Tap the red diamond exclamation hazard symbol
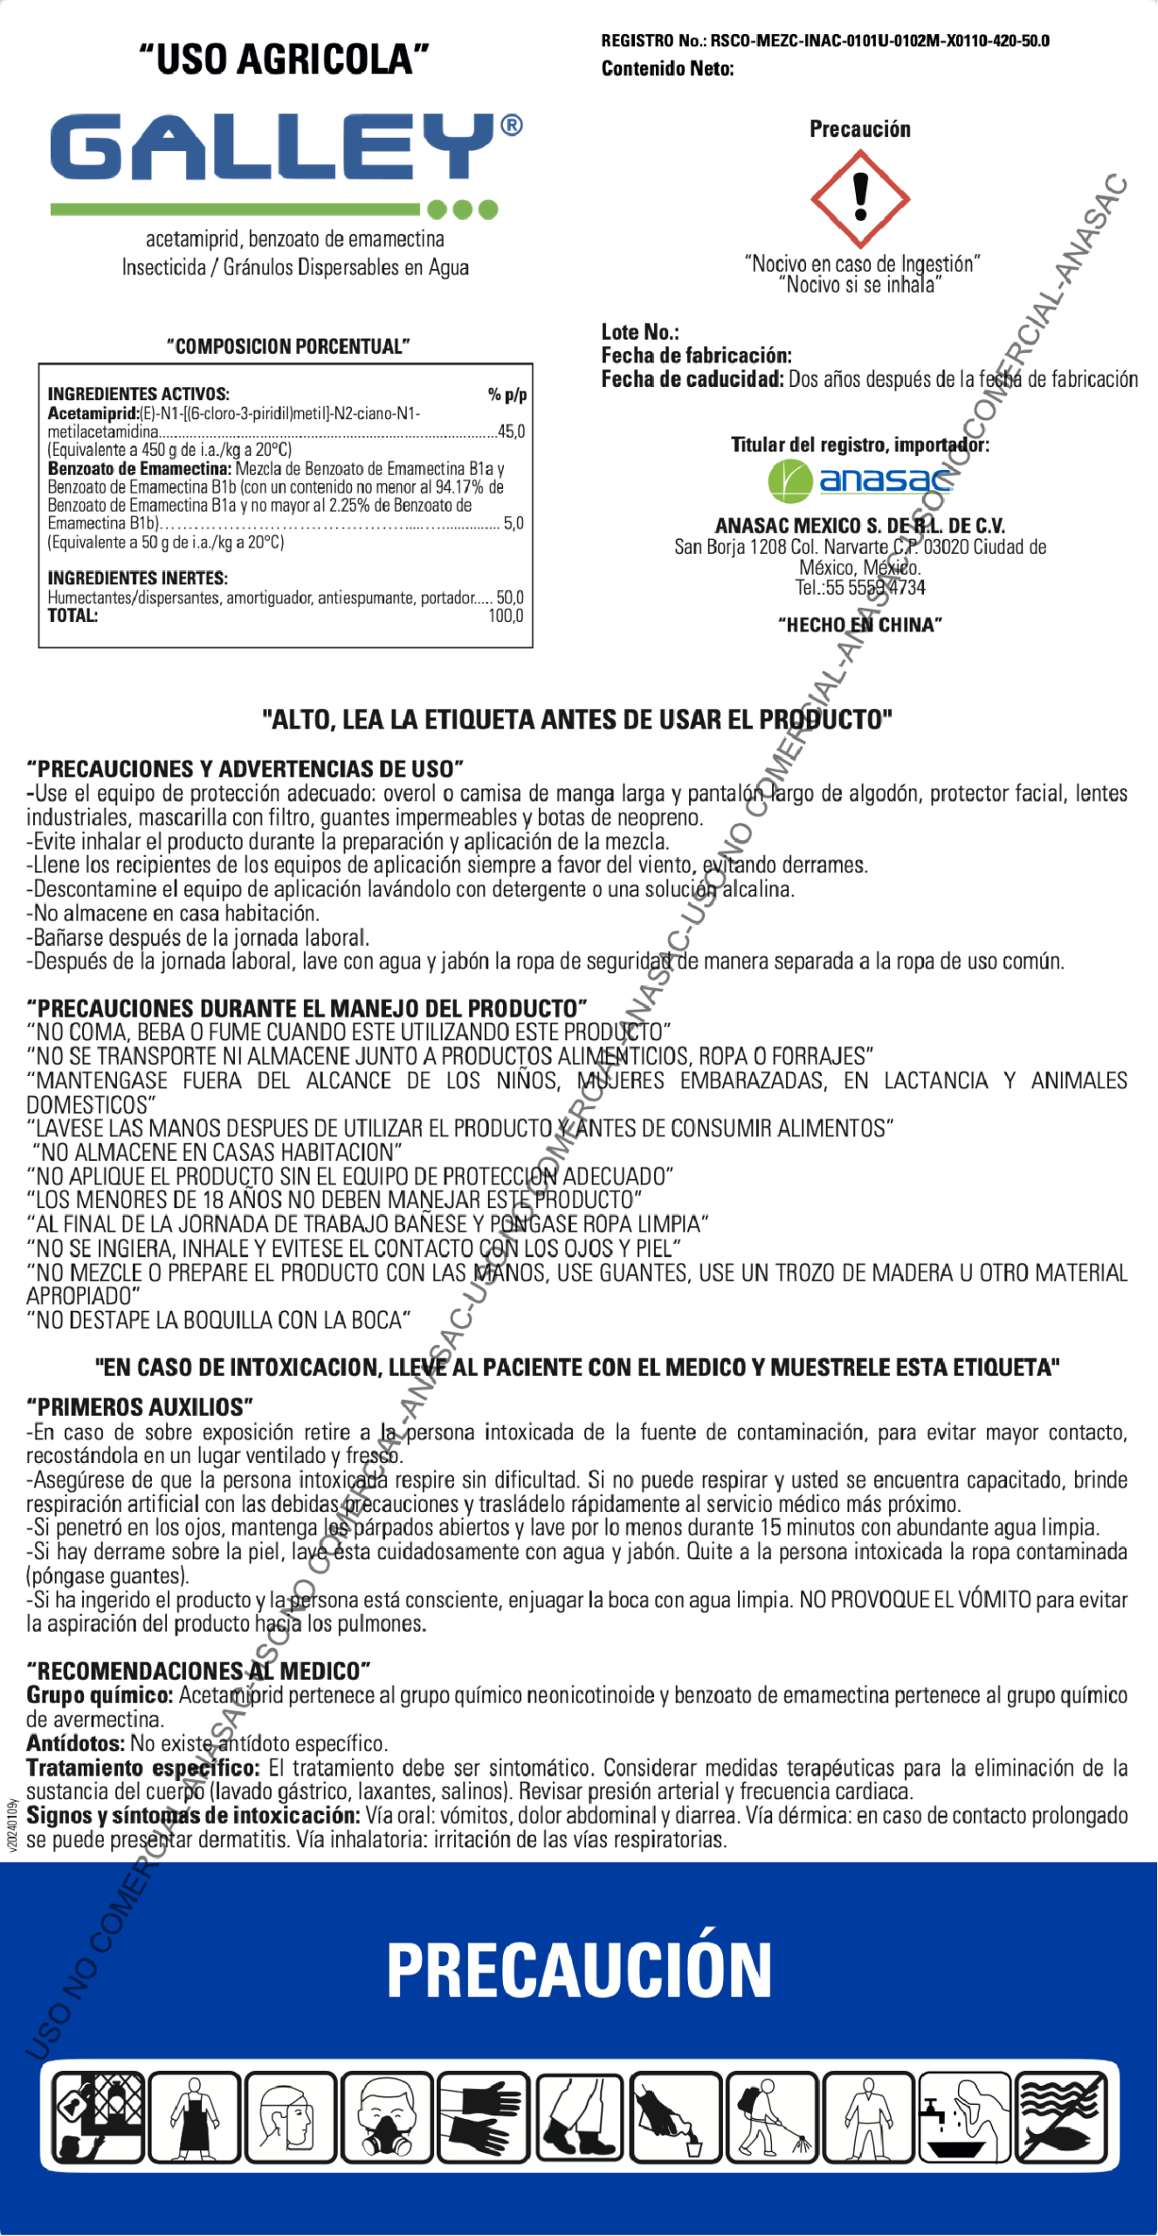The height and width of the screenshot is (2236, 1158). coord(860,198)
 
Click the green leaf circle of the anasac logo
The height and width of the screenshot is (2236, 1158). coord(789,481)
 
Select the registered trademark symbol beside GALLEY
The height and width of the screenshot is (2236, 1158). coord(512,127)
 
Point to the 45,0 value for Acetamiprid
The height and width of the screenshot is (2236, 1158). coord(511,431)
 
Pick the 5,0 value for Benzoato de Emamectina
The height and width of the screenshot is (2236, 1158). coord(514,523)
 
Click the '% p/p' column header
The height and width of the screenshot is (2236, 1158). coord(507,395)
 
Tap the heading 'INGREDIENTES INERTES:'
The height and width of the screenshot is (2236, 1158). coord(137,578)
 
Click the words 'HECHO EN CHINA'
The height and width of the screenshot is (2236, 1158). coord(860,625)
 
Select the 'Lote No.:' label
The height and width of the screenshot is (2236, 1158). coord(640,332)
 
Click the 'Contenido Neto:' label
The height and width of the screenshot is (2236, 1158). coord(667,69)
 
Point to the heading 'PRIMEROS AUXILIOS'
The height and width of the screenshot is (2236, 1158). coord(140,1407)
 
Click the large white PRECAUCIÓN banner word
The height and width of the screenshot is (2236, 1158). coord(579,1970)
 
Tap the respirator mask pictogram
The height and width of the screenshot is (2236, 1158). coord(387,2116)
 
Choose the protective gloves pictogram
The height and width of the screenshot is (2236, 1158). coord(483,2116)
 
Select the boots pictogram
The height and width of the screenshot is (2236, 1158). coord(579,2116)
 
